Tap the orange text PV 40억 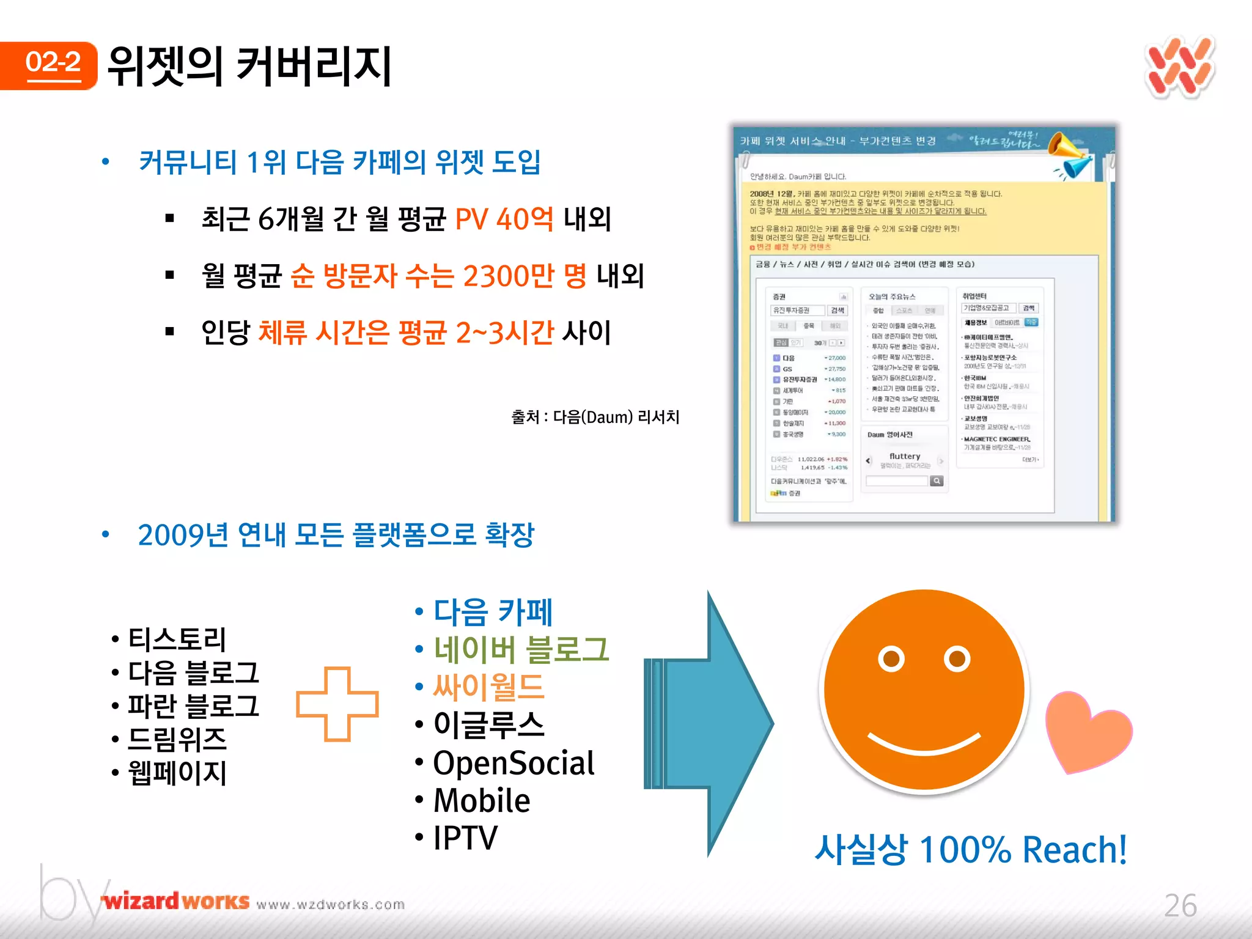pos(504,218)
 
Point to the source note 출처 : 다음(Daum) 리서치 pos(595,417)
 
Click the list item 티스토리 pos(177,639)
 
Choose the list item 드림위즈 pos(177,739)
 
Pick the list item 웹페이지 pos(177,773)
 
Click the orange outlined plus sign pos(337,704)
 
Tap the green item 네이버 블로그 pos(521,649)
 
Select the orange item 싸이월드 pos(488,687)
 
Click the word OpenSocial pos(514,763)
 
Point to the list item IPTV pos(465,838)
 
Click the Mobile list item pos(482,800)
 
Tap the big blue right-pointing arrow pos(715,724)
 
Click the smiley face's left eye pos(891,659)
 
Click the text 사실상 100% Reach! pos(970,850)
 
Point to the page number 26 pos(1180,905)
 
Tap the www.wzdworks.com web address pos(331,904)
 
